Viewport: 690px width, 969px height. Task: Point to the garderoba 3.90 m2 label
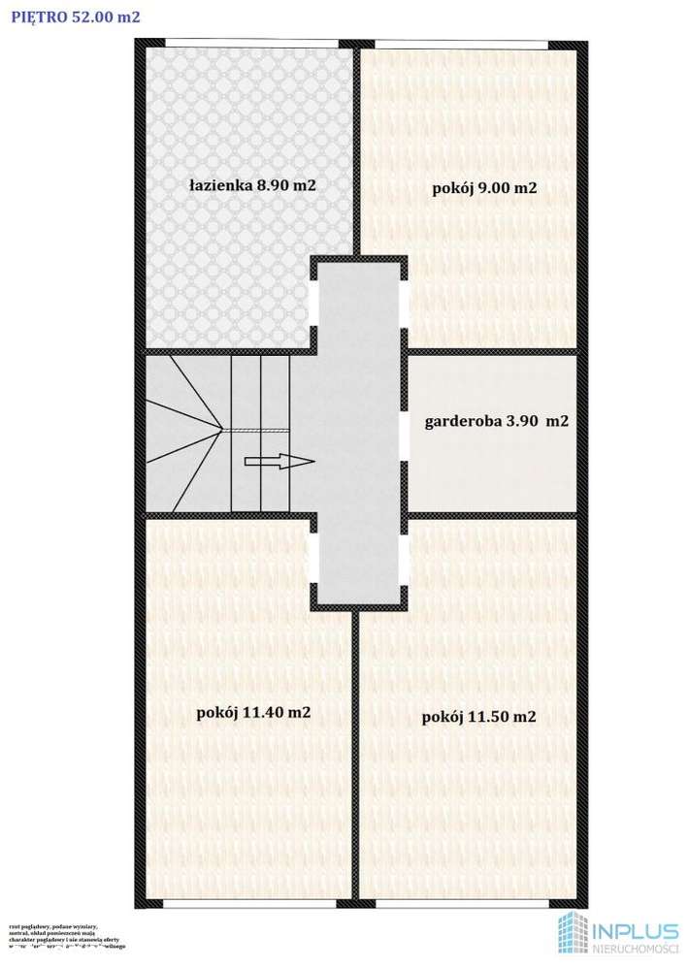coord(496,422)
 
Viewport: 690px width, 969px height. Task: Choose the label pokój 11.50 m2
coord(479,718)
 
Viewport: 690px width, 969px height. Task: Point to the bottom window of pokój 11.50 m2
coord(465,902)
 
